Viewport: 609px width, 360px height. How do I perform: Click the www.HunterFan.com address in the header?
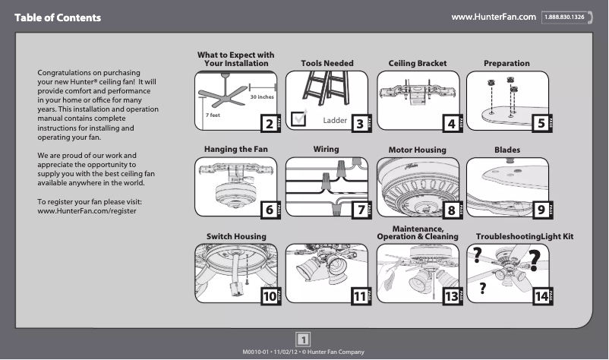pyautogui.click(x=494, y=17)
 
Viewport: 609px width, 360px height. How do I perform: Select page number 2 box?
pyautogui.click(x=267, y=124)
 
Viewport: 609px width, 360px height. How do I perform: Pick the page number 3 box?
pyautogui.click(x=358, y=124)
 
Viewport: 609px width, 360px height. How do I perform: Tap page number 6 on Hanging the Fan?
pyautogui.click(x=267, y=210)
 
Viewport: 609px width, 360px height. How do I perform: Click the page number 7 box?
pyautogui.click(x=358, y=210)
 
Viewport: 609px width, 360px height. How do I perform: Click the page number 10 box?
pyautogui.click(x=268, y=296)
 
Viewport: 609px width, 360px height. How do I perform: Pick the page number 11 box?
pyautogui.click(x=359, y=296)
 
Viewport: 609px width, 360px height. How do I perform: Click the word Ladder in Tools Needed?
pyautogui.click(x=335, y=121)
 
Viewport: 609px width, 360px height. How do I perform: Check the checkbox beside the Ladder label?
pyautogui.click(x=299, y=117)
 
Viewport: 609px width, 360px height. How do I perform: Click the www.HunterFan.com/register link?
pyautogui.click(x=87, y=210)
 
